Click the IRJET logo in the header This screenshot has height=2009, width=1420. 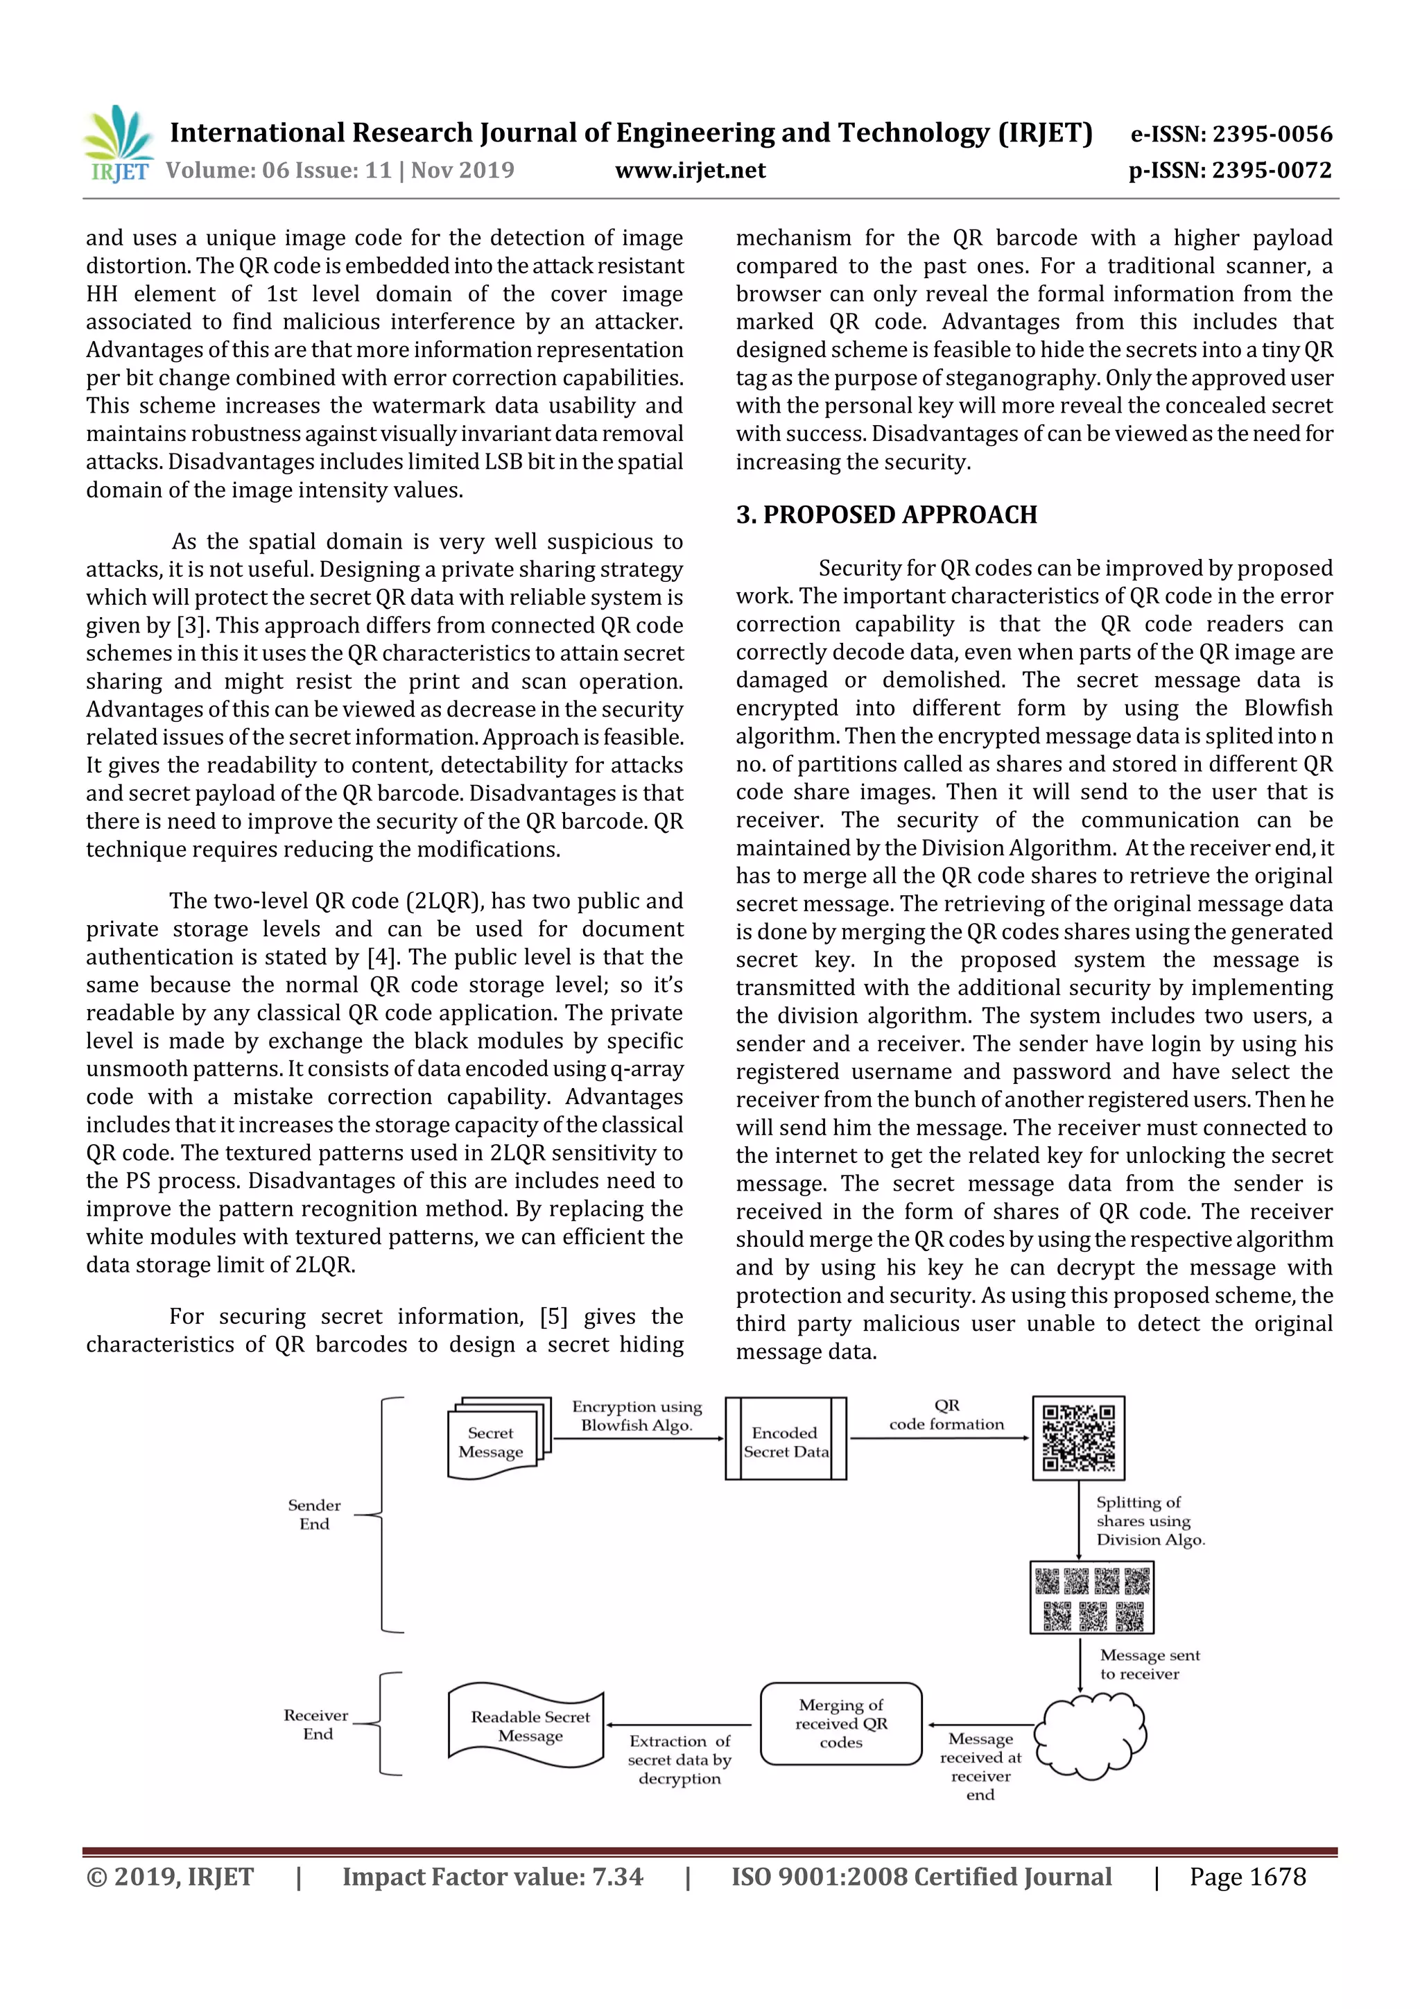118,144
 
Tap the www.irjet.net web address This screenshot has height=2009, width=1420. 691,171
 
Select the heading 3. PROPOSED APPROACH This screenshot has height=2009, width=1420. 886,515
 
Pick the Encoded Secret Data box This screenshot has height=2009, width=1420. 785,1440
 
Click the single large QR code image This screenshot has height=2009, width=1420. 1078,1438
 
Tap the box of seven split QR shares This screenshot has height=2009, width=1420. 1091,1598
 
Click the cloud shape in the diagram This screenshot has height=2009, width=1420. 1089,1736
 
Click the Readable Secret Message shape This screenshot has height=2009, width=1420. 527,1725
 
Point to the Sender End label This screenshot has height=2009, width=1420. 314,1515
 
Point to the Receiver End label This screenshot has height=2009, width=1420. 316,1725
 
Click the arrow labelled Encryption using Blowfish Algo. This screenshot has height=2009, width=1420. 638,1438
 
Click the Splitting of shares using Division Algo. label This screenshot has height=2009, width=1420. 1150,1521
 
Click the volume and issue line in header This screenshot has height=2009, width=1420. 340,171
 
